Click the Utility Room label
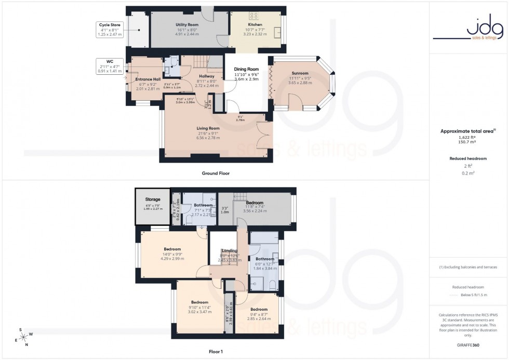(x=190, y=24)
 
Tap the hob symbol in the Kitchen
(x=255, y=16)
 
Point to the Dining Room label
(x=246, y=69)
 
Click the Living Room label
(x=208, y=128)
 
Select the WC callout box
(x=110, y=66)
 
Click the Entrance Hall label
(x=146, y=79)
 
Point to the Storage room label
(x=153, y=199)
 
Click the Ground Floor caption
(x=216, y=173)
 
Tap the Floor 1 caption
(x=215, y=352)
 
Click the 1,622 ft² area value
(x=468, y=137)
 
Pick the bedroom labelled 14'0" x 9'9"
(x=172, y=249)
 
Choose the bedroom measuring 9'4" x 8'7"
(x=259, y=309)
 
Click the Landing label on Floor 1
(x=229, y=250)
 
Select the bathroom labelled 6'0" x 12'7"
(x=265, y=259)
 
